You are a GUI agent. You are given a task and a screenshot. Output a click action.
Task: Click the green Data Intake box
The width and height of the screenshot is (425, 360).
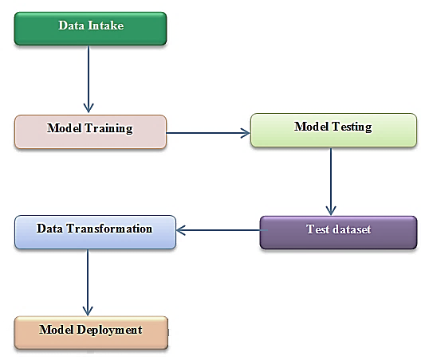[90, 29]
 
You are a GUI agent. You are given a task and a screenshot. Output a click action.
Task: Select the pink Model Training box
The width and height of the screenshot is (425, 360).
[90, 132]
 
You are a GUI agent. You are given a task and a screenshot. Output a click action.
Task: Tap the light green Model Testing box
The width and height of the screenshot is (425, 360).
[333, 130]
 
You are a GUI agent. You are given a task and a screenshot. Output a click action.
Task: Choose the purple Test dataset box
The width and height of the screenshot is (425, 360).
[338, 233]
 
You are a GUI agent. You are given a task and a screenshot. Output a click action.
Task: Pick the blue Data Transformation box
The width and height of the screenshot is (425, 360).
[95, 232]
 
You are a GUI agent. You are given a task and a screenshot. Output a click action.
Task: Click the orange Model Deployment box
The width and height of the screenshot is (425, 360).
[91, 333]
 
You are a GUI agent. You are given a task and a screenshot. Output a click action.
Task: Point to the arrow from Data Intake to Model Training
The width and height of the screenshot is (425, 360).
[89, 79]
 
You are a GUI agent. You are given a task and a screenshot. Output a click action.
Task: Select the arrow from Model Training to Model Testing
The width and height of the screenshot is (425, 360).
[208, 133]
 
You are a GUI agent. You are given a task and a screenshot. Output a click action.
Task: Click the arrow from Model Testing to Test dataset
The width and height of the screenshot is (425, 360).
[331, 182]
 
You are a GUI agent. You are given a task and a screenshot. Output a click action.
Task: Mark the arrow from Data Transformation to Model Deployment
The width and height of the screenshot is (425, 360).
[88, 283]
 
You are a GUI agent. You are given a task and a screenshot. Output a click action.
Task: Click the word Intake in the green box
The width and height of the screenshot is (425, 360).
[106, 25]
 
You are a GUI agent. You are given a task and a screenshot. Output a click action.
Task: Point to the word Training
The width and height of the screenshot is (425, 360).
[108, 128]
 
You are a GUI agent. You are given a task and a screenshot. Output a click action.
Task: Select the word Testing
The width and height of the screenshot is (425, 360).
[352, 127]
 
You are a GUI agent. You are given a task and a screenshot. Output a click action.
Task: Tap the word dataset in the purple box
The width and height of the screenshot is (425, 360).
[352, 229]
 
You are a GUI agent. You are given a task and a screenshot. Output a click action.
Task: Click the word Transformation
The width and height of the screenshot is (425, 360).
[109, 229]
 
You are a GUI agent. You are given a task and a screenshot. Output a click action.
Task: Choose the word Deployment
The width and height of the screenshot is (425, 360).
[109, 330]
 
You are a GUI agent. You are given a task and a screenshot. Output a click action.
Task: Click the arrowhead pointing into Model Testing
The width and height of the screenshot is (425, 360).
[246, 133]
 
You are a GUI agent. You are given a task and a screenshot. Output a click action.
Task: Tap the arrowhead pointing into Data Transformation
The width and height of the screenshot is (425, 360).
[181, 230]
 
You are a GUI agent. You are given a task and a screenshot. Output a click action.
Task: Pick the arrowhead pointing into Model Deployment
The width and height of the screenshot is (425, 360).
[88, 311]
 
